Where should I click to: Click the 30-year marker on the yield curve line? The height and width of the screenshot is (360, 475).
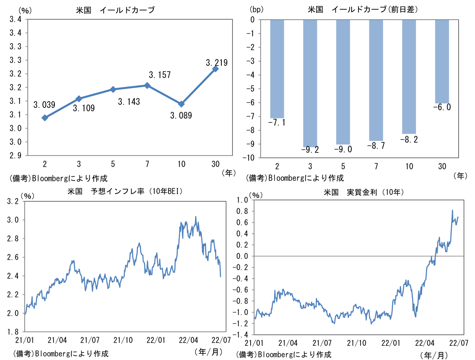[216, 69]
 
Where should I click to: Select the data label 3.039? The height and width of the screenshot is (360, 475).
[44, 104]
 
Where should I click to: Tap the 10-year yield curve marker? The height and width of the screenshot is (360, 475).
[181, 104]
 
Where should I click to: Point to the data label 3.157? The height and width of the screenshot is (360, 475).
[160, 75]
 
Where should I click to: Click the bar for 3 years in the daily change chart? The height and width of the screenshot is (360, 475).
[310, 83]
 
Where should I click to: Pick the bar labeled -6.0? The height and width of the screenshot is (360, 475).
[442, 62]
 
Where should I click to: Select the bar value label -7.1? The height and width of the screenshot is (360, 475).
[276, 123]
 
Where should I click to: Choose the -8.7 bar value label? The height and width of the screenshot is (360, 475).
[376, 145]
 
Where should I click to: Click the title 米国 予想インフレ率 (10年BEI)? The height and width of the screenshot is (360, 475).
[125, 191]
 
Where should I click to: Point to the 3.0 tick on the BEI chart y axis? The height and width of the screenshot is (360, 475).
[13, 220]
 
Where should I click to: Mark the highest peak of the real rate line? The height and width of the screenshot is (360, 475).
[452, 210]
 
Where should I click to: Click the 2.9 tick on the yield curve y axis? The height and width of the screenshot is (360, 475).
[15, 155]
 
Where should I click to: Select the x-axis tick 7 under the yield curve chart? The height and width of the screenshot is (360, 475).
[147, 164]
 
